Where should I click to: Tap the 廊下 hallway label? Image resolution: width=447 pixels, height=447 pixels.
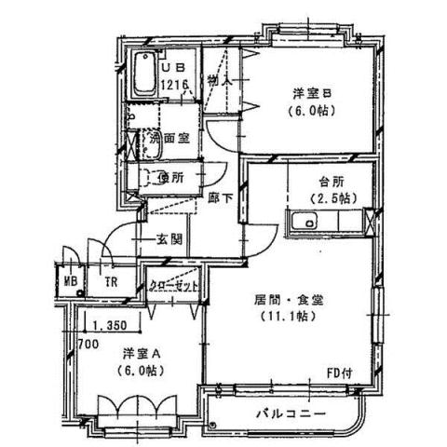(x=222, y=198)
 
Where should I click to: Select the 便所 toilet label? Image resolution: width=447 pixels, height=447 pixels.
(x=169, y=177)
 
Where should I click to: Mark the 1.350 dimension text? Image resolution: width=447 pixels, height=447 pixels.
(x=110, y=326)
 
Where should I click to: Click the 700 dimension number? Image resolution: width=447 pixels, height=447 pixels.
(x=88, y=344)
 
